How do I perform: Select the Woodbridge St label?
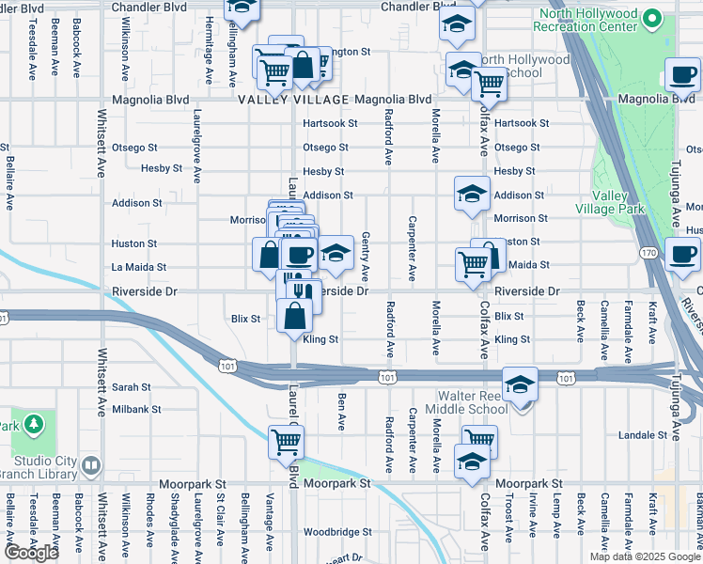point(338,532)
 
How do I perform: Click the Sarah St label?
point(131,386)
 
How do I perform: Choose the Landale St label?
point(655,435)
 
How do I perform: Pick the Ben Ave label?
point(342,407)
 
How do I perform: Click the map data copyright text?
point(645,556)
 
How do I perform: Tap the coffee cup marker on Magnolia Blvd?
point(682,73)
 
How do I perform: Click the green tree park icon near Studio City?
point(34,425)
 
